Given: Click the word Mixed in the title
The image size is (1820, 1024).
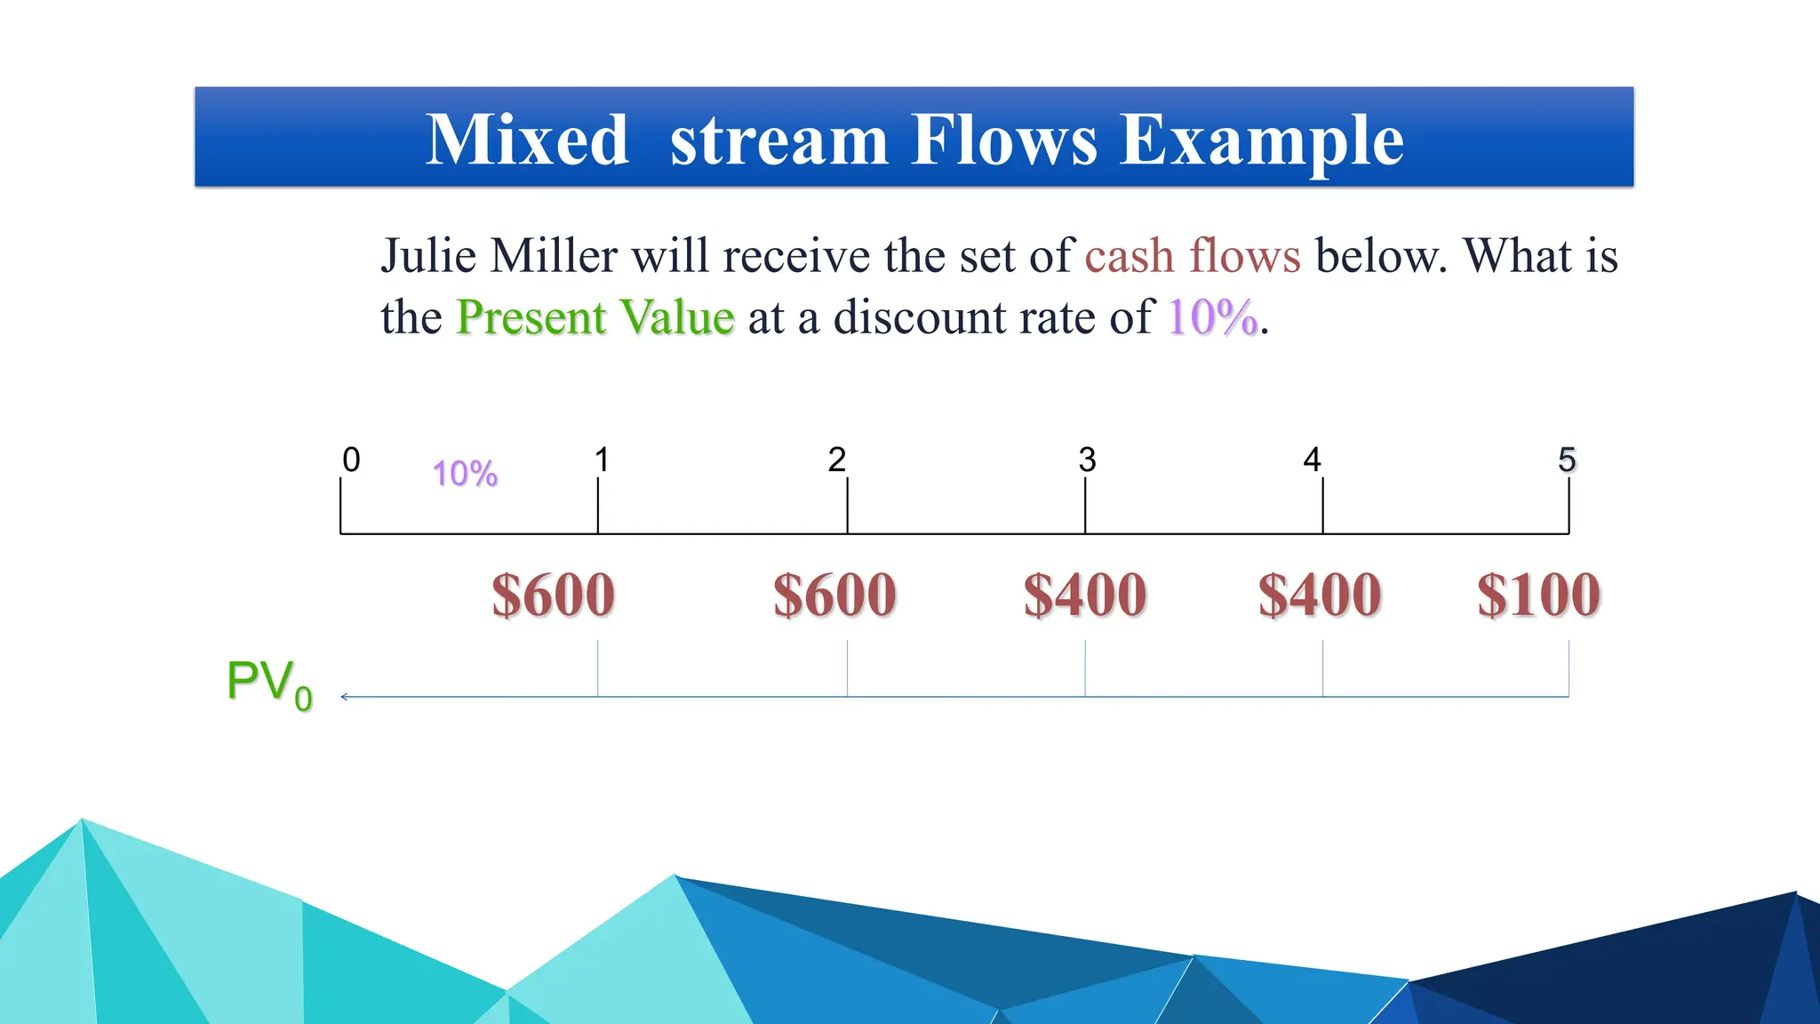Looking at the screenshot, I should click(x=528, y=140).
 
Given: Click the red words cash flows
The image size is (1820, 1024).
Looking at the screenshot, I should click(x=1193, y=256).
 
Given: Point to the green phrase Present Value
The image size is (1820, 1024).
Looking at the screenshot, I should click(x=595, y=317).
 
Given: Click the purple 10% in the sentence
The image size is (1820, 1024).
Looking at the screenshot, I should click(x=1212, y=317).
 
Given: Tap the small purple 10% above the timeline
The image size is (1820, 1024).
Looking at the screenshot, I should click(x=465, y=474).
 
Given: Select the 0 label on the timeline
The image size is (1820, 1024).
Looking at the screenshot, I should click(x=351, y=460).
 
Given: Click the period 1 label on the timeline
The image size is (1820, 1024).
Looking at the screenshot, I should click(x=602, y=460).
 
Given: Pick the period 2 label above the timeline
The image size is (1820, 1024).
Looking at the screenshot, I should click(x=836, y=460).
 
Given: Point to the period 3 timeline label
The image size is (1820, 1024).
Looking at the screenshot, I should click(x=1087, y=460).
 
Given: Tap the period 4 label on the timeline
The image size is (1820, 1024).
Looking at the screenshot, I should click(x=1312, y=460).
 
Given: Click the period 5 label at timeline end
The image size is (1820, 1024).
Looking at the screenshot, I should click(x=1567, y=460).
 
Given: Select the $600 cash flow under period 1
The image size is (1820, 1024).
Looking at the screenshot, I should click(x=553, y=595).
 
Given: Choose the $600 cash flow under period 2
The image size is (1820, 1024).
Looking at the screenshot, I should click(x=834, y=595).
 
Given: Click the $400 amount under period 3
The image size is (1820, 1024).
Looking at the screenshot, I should click(x=1085, y=595).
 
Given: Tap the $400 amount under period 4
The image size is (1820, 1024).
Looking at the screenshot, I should click(x=1320, y=595).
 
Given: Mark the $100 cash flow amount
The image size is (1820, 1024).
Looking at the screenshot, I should click(x=1539, y=595).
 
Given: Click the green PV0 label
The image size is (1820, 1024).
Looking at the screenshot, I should click(x=268, y=684).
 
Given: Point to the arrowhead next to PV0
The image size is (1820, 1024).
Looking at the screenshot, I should click(x=345, y=697).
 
